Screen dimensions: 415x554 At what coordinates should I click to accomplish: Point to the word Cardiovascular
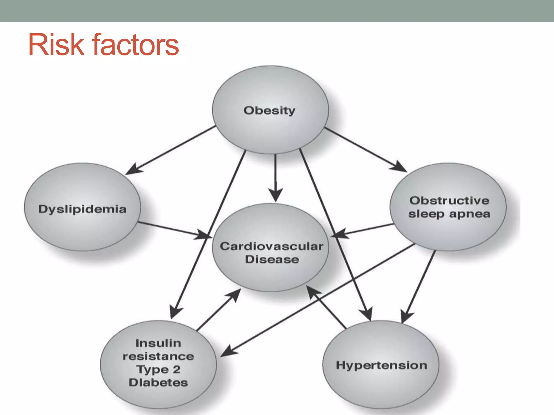[271, 246]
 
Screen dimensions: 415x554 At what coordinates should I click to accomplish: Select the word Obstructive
[449, 200]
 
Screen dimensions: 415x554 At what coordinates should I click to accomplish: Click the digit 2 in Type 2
[176, 369]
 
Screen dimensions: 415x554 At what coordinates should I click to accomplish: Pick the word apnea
[470, 214]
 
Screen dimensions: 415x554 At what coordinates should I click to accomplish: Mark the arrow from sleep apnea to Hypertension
[419, 284]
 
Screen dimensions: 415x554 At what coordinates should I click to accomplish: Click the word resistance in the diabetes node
[158, 356]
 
